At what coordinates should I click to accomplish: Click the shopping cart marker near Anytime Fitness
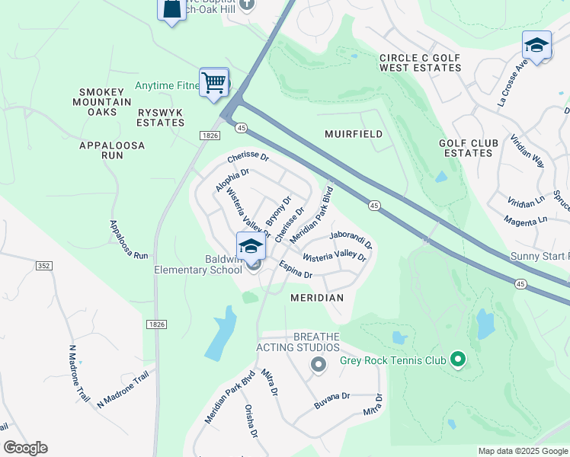click(214, 82)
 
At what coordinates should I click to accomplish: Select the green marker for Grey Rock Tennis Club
click(457, 358)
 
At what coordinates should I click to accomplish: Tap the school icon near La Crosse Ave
click(536, 46)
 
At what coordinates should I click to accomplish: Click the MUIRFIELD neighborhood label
click(353, 134)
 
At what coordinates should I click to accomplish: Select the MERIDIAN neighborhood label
click(317, 298)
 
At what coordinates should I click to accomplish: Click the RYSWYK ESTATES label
click(161, 117)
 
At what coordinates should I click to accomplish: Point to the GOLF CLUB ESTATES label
click(468, 148)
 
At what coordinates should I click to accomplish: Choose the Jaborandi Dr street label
click(351, 241)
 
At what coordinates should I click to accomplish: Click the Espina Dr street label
click(299, 268)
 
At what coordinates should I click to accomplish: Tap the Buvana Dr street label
click(332, 398)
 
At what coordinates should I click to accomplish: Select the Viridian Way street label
click(527, 152)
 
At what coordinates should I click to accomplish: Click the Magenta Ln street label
click(526, 219)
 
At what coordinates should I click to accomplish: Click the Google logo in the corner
click(25, 448)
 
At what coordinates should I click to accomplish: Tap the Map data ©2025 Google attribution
click(523, 451)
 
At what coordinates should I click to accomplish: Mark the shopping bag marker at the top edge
click(171, 9)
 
